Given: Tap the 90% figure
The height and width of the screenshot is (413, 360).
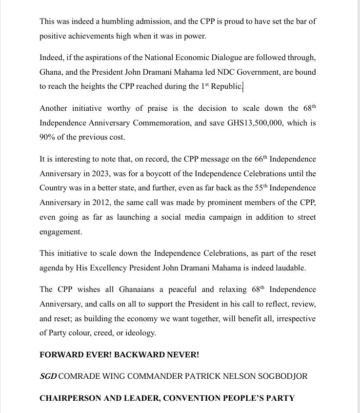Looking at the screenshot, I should tap(48, 137).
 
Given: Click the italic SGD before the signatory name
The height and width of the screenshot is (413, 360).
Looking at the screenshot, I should tap(48, 376).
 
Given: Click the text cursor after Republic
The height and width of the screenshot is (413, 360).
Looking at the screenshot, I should tap(242, 86).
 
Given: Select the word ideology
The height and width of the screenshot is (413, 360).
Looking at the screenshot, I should tap(141, 333).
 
